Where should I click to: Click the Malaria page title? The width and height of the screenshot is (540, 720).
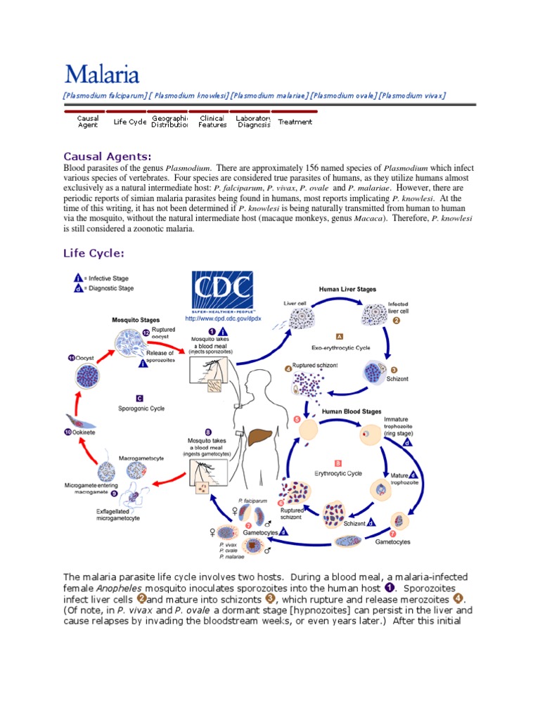click(102, 74)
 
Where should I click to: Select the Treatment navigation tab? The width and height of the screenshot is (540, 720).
click(295, 122)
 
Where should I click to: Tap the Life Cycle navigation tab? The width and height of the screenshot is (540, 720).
click(129, 122)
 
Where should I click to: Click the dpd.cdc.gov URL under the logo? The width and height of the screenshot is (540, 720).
click(223, 319)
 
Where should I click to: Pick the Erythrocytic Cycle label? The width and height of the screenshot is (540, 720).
click(338, 474)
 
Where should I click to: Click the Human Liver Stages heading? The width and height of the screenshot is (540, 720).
click(347, 289)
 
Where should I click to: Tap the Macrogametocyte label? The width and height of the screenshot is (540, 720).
click(141, 458)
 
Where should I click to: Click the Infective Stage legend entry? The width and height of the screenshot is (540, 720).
click(105, 278)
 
